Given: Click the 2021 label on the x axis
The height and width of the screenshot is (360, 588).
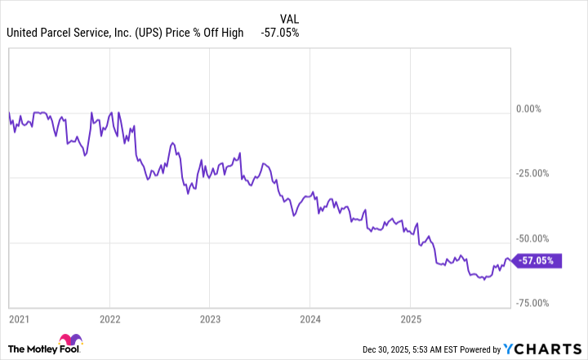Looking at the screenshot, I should [x=18, y=318].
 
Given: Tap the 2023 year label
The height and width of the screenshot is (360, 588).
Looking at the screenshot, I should [x=210, y=318].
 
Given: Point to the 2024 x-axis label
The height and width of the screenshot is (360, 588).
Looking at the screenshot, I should [x=310, y=318].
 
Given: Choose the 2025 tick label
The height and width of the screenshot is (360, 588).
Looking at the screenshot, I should [x=411, y=318].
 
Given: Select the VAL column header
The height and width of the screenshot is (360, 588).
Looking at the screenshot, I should [x=289, y=18].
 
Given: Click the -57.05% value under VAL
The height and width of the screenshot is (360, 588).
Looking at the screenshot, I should [x=280, y=33].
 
